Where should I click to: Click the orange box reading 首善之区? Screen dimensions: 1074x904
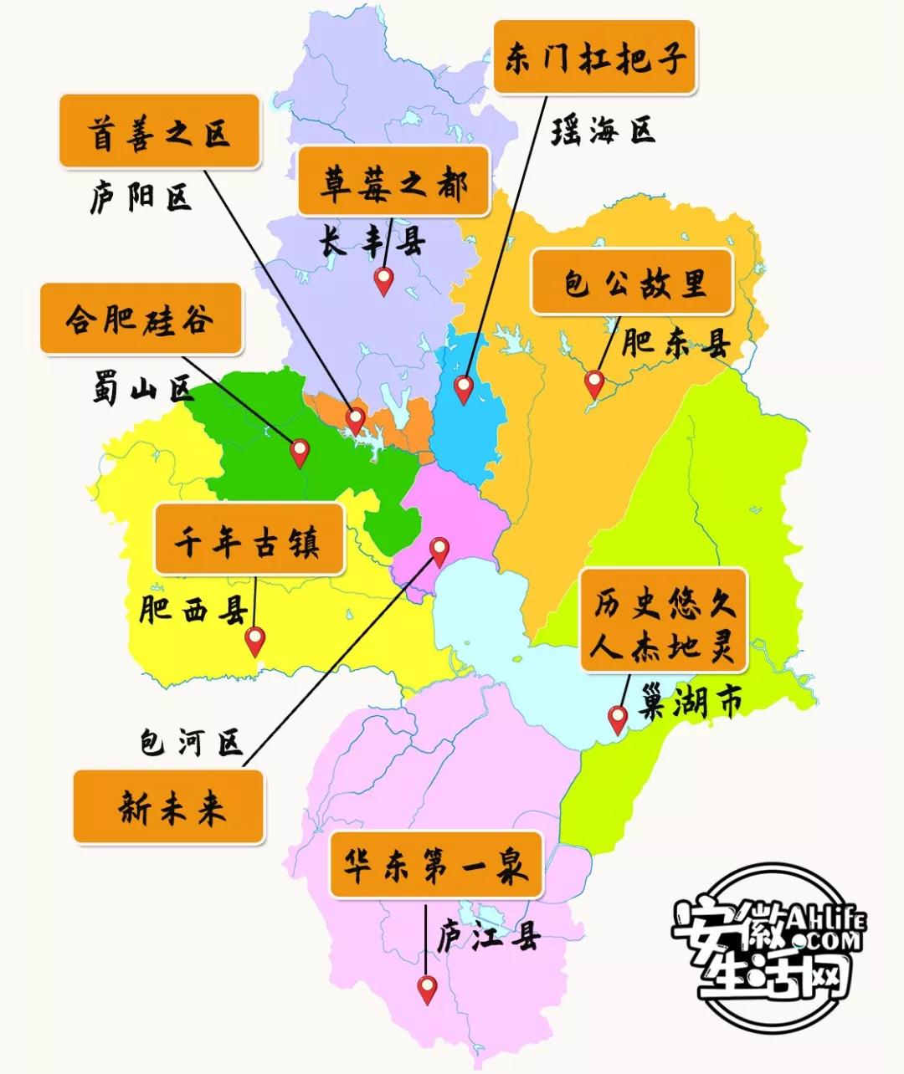point(159,132)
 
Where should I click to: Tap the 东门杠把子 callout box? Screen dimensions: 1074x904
point(594,58)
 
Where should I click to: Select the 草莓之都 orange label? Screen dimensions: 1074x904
point(393,182)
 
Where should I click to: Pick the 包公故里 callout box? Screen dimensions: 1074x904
point(633,282)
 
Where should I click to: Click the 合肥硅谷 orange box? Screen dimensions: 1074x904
point(141,319)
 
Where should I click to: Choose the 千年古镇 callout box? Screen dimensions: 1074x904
point(249,540)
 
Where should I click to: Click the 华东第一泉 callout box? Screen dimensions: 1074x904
point(435,864)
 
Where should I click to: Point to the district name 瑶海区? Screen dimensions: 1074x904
point(603,130)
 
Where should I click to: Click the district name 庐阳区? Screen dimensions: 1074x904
point(141,197)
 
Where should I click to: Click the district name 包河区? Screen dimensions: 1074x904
point(191,741)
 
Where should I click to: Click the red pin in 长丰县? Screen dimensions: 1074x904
point(383,280)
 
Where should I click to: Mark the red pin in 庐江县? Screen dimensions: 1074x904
point(428,989)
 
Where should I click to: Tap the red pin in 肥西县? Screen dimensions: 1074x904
point(254,640)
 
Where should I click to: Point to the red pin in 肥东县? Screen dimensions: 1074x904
point(594,383)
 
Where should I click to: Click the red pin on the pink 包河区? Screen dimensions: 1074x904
point(439,550)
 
